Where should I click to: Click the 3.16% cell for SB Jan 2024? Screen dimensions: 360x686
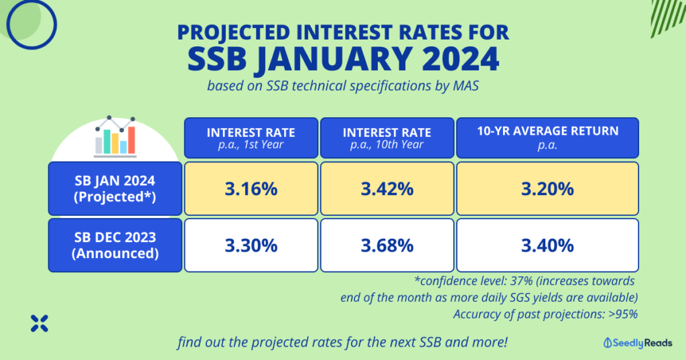[x=251, y=189]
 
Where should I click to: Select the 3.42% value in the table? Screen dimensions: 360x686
[x=387, y=189]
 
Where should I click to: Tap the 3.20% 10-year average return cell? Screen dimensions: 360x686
[x=547, y=189]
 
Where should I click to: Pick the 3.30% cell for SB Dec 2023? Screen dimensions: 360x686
[x=251, y=245]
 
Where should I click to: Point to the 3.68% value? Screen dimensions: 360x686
[x=387, y=245]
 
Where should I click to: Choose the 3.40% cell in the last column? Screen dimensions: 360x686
[x=547, y=245]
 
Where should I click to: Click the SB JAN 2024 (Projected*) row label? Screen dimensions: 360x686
[x=115, y=188]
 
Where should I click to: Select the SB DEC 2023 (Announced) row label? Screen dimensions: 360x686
[x=115, y=245]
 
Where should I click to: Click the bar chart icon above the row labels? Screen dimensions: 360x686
[x=115, y=136]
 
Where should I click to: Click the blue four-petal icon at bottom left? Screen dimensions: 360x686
[x=40, y=324]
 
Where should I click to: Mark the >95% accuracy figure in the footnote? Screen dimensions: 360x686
[x=622, y=313]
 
